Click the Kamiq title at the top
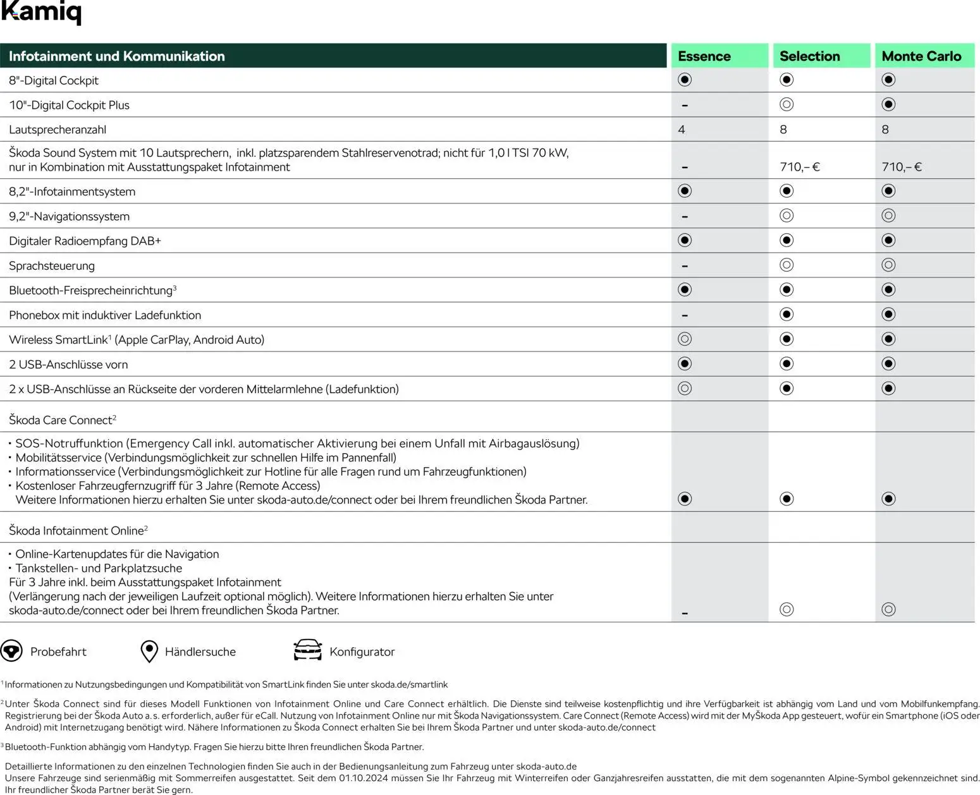[x=41, y=12]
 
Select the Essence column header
[x=704, y=56]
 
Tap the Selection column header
[x=809, y=56]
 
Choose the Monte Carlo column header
[x=921, y=56]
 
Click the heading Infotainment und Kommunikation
[x=117, y=56]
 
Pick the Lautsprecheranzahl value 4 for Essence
[x=681, y=130]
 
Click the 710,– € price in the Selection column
[x=799, y=167]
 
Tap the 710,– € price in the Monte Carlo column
[x=901, y=167]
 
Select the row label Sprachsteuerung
[x=52, y=266]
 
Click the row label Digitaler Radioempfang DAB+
[x=85, y=241]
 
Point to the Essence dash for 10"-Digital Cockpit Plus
[x=685, y=106]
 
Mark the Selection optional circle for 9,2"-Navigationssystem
[x=787, y=216]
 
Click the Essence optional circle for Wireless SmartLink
[x=685, y=339]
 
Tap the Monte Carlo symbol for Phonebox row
[x=888, y=315]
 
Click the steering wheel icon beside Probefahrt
[x=11, y=651]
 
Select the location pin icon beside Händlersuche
[x=149, y=651]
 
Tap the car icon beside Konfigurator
[x=307, y=650]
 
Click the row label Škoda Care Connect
[x=62, y=420]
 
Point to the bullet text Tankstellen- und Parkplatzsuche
[x=99, y=568]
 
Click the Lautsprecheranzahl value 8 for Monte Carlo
[x=885, y=130]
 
